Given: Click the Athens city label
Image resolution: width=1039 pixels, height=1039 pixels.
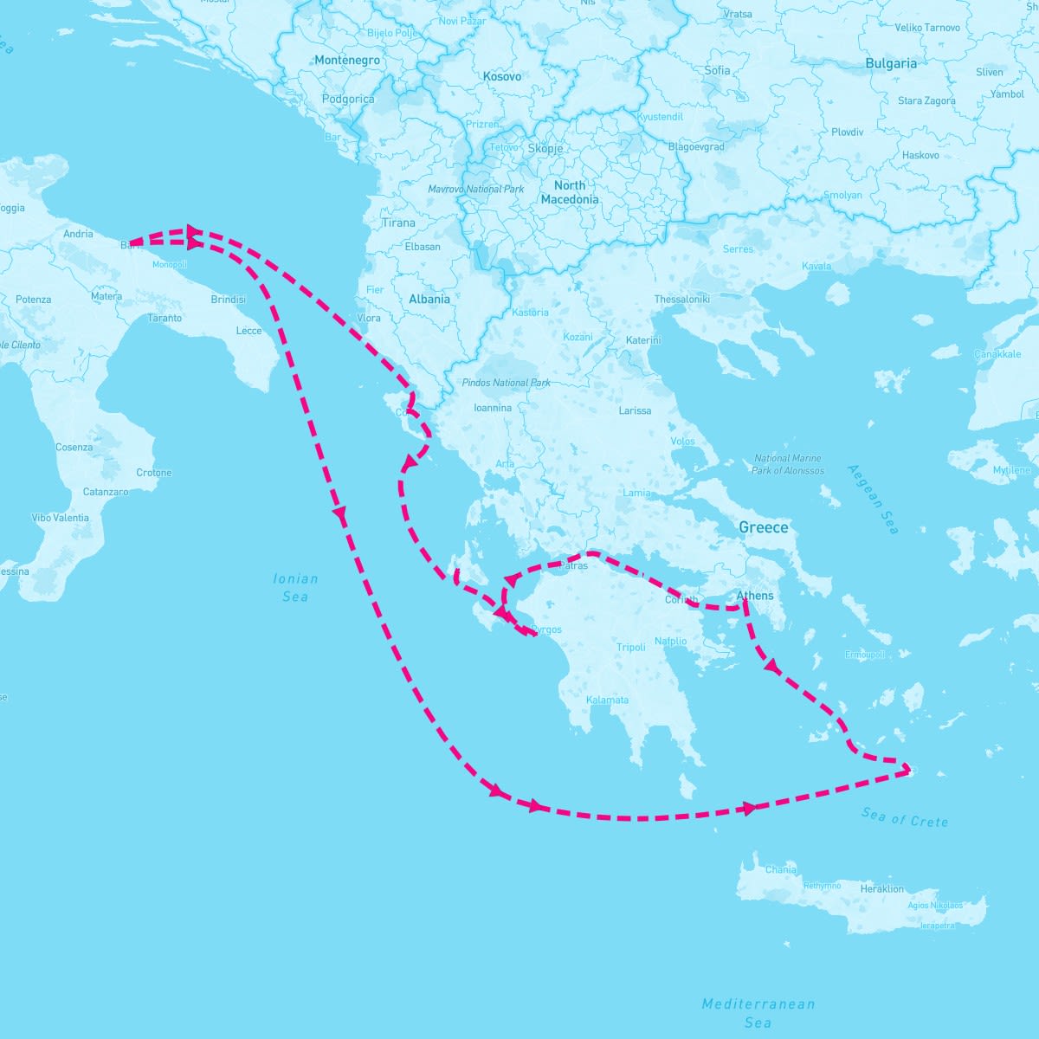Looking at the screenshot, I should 754,596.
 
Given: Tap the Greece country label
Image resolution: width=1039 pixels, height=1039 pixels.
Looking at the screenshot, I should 763,527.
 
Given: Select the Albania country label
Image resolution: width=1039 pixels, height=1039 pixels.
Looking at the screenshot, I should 429,299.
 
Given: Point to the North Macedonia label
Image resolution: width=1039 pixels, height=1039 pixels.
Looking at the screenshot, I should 570,192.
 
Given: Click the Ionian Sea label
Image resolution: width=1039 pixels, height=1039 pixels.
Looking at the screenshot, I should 295,587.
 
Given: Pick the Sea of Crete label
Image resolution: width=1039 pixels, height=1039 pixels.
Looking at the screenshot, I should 905,816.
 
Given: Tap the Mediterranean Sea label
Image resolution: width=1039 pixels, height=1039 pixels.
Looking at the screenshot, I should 758,1013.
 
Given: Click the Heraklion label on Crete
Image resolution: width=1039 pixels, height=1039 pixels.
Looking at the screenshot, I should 881,888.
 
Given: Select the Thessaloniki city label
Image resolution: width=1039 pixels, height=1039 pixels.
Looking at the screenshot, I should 681,299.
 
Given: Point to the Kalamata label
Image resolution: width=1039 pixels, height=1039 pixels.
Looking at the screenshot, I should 607,700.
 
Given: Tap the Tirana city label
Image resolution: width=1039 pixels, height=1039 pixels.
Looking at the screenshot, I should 398,223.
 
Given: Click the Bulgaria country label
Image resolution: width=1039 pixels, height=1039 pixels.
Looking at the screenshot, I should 891,63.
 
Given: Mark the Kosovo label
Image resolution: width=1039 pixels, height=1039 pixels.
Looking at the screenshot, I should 502,76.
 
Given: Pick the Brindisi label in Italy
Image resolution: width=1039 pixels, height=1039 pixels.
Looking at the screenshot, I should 228,300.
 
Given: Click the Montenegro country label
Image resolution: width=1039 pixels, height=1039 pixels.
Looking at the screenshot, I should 347,61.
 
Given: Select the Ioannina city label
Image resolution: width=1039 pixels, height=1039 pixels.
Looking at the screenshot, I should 493,408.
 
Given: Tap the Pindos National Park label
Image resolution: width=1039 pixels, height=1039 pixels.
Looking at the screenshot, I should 507,383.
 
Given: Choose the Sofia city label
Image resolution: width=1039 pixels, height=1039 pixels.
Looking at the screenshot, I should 718,70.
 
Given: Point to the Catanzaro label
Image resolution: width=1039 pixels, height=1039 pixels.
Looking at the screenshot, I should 106,492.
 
